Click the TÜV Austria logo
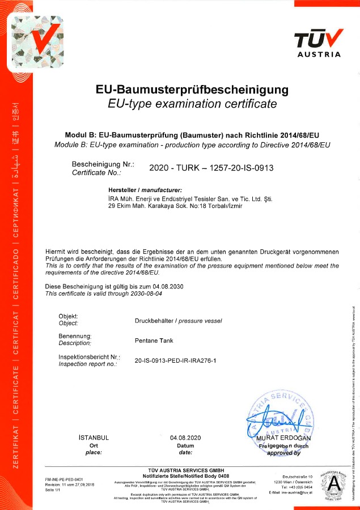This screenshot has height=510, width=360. [x=319, y=42]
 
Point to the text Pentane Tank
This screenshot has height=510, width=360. [x=154, y=341]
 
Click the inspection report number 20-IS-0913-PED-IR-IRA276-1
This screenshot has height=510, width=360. [x=176, y=360]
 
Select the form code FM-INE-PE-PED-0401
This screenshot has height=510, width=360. [x=64, y=479]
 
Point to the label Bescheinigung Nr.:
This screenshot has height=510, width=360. [x=103, y=164]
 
